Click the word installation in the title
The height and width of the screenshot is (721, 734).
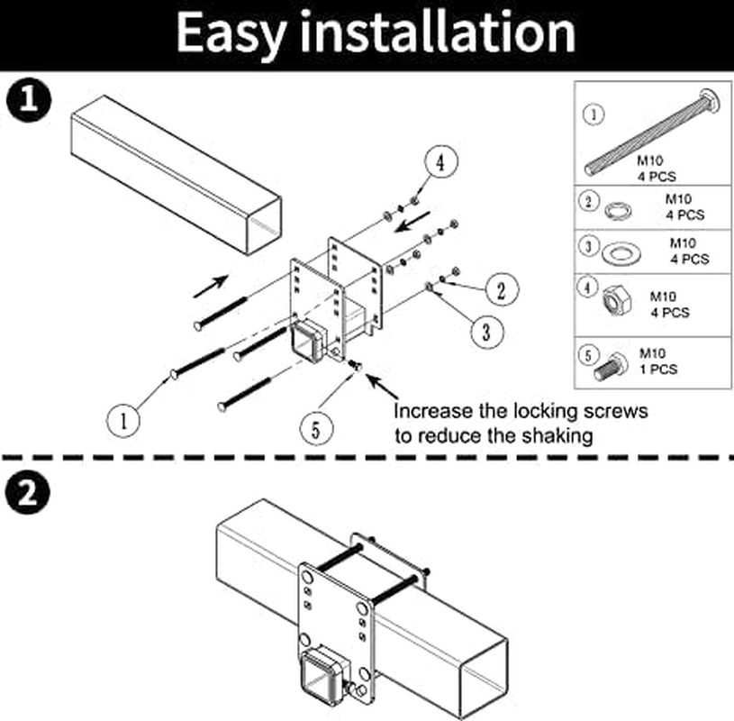[x=438, y=32]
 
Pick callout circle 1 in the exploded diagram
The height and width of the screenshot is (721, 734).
[x=124, y=419]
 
